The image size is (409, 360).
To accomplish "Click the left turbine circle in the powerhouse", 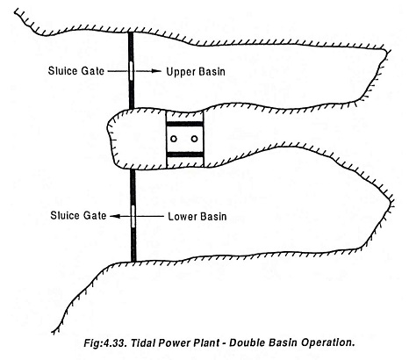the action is click(x=174, y=139).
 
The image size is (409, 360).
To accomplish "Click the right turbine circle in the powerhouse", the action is click(x=195, y=139).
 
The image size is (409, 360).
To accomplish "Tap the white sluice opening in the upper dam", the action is click(x=131, y=70).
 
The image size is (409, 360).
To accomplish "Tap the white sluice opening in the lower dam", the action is click(x=133, y=216).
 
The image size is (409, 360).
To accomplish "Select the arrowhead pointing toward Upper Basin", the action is click(x=156, y=71).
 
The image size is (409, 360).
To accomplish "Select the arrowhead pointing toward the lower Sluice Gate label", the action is click(x=115, y=216).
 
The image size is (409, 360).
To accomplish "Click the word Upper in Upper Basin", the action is click(x=181, y=72).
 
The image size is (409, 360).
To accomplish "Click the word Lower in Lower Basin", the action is click(x=183, y=217).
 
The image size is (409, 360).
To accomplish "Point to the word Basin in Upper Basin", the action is click(x=212, y=72).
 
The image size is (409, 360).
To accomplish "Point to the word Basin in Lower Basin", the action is click(x=213, y=217).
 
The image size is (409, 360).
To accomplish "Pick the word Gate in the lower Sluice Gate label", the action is click(x=95, y=216).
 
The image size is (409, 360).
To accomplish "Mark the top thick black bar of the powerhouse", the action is click(x=184, y=124).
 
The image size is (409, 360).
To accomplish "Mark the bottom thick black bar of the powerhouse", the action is click(x=184, y=155).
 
